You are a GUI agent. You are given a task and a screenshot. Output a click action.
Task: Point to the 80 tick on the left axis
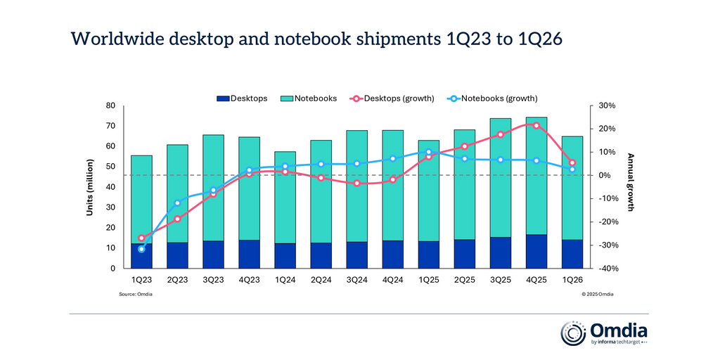coord(110,105)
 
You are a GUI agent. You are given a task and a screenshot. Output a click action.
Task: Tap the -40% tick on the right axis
coord(607,269)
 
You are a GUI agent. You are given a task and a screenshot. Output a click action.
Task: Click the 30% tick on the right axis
coord(607,105)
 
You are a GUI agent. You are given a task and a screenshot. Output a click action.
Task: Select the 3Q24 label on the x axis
coord(357,280)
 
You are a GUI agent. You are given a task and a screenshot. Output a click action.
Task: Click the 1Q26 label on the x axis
coord(572,280)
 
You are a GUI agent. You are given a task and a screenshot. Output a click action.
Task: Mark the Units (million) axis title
coord(91,186)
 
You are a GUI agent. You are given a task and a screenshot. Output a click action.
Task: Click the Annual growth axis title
coord(631,182)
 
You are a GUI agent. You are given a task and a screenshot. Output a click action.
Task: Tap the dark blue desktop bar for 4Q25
coord(536,252)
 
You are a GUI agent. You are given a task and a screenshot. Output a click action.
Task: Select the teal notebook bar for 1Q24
coord(285,197)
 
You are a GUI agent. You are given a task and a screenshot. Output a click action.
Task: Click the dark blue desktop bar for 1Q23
coord(141,256)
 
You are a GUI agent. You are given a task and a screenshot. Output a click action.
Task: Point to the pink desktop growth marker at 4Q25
coord(536,125)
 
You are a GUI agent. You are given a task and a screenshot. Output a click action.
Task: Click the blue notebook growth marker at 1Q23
coord(141,249)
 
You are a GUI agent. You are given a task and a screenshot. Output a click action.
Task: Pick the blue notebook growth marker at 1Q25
coord(429,152)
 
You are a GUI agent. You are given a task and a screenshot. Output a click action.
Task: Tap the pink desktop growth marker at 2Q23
coord(177,219)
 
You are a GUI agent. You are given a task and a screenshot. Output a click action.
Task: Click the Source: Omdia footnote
coord(136,294)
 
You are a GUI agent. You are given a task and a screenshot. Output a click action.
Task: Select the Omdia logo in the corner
coord(604,333)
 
